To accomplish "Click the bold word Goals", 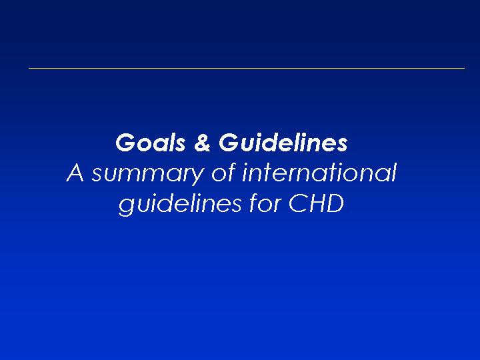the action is tap(150, 143).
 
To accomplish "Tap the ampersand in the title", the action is tap(203, 143).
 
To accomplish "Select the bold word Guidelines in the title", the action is tap(283, 143).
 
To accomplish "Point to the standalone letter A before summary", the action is tap(75, 173).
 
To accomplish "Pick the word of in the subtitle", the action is tap(224, 173).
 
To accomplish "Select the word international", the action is tap(319, 173).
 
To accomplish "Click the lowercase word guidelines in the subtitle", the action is tap(180, 204).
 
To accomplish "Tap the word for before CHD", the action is tap(265, 203).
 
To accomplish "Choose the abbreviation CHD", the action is tap(316, 203).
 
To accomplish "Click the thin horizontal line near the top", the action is tap(247, 68).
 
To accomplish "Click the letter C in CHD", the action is tap(297, 203).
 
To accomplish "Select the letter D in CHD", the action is tap(335, 203).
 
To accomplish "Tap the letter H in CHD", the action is tap(315, 203).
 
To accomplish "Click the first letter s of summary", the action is tap(97, 175).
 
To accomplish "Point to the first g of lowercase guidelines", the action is tap(126, 207).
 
